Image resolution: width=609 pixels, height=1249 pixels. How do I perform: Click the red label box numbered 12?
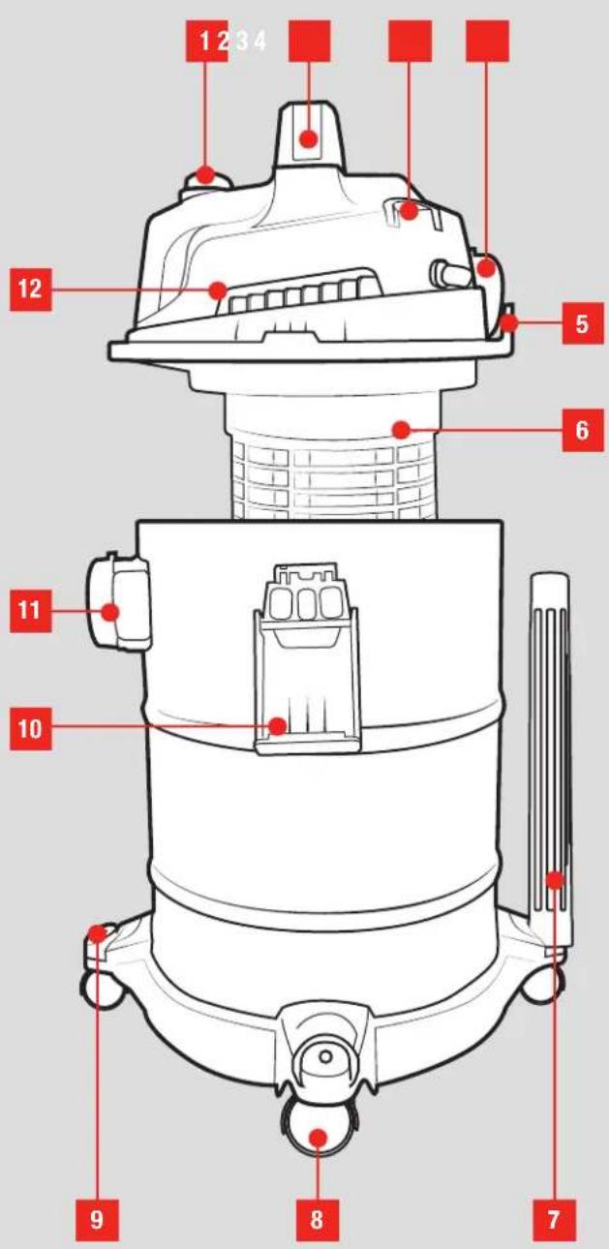point(31,289)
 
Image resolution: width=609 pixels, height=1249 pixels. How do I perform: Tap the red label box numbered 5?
point(582,322)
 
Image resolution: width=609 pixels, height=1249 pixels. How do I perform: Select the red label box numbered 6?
point(582,430)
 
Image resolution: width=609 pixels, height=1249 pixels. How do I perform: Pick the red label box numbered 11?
point(31,611)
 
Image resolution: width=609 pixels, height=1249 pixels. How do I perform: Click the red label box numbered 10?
point(31,729)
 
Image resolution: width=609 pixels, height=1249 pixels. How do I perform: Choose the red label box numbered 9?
point(97,1218)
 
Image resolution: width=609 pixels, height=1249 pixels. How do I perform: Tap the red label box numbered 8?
point(317,1218)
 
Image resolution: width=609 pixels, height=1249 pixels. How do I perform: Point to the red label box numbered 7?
point(553,1218)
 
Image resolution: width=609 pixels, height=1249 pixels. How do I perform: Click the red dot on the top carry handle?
point(309,137)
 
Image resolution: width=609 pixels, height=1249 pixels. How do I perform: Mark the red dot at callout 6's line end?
point(401,430)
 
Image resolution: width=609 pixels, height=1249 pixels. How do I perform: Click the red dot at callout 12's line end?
point(218,290)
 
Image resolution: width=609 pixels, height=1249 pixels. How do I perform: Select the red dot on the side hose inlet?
point(110,612)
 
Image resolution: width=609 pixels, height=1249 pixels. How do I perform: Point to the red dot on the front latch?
point(277,726)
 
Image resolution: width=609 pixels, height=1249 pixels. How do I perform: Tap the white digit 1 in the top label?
point(205,41)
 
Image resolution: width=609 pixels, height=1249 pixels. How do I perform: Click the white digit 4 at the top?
point(259,41)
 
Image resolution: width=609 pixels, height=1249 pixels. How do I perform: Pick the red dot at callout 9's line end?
point(98,932)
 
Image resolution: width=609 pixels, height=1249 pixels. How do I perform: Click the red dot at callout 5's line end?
point(508,322)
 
